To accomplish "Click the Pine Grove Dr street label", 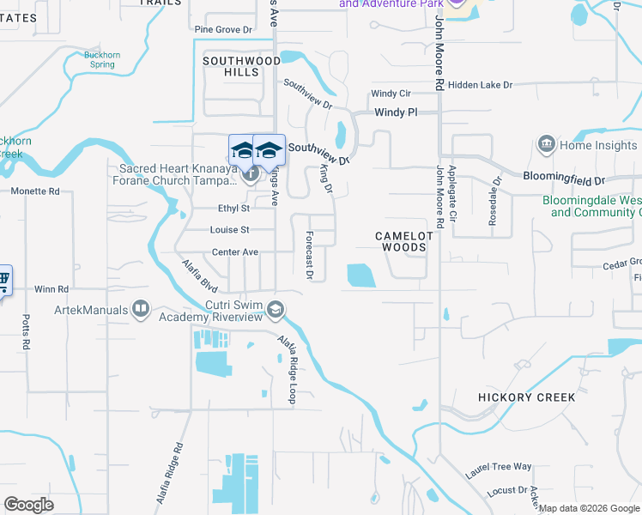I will [x=222, y=29].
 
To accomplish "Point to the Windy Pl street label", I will [x=396, y=112].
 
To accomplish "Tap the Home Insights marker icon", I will [x=546, y=145].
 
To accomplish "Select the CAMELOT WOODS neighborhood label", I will [x=401, y=241].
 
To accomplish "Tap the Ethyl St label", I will [x=233, y=208].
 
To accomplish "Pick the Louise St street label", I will [x=230, y=230].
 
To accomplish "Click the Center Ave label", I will [x=235, y=252].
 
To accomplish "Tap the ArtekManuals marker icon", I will [x=141, y=309].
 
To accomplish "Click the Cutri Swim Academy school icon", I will [x=276, y=309].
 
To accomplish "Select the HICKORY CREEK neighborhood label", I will [x=527, y=397].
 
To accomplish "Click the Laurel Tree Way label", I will [x=499, y=467].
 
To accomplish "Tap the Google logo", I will [x=28, y=504].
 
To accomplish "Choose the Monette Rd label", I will [x=35, y=191].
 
